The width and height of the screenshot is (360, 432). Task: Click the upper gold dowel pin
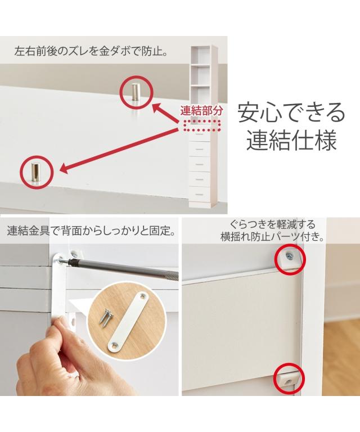tap(136, 92)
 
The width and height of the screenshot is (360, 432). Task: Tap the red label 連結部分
tap(201, 111)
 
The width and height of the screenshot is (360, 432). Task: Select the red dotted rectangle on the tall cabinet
tap(201, 125)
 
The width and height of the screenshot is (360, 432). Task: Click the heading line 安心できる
tap(291, 112)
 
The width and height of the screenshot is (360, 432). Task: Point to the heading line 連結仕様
tap(291, 140)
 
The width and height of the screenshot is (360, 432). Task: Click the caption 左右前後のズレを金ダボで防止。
tap(91, 52)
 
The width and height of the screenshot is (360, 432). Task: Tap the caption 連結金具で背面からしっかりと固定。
tap(91, 231)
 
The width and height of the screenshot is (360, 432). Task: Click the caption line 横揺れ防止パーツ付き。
tap(272, 237)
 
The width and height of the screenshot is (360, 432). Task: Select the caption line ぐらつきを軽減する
tap(272, 224)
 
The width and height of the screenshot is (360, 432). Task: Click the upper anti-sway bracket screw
tap(289, 256)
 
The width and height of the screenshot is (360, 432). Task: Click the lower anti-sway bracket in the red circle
tap(289, 379)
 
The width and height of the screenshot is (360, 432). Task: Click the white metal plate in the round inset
tap(128, 322)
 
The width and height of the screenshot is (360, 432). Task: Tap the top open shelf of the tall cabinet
tap(201, 55)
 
